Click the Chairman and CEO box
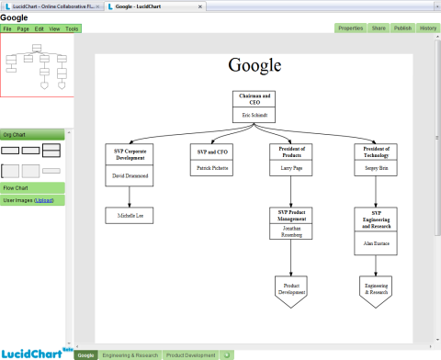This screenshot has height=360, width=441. [254, 106]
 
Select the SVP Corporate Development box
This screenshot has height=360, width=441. [129, 164]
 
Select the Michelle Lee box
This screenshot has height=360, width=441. [129, 215]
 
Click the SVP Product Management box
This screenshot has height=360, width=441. [291, 223]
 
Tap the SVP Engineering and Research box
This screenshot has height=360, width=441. [377, 231]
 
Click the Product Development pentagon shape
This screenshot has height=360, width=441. [291, 291]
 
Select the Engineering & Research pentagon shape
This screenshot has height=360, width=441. [377, 291]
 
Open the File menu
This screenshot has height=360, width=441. [7, 28]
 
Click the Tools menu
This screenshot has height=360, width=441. [72, 28]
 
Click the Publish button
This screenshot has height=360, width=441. [402, 28]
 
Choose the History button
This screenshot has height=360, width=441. [428, 28]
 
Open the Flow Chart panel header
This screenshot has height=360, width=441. [32, 187]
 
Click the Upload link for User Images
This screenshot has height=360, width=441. [44, 199]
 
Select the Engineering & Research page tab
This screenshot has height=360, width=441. [130, 354]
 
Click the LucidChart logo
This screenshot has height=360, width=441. [33, 353]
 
